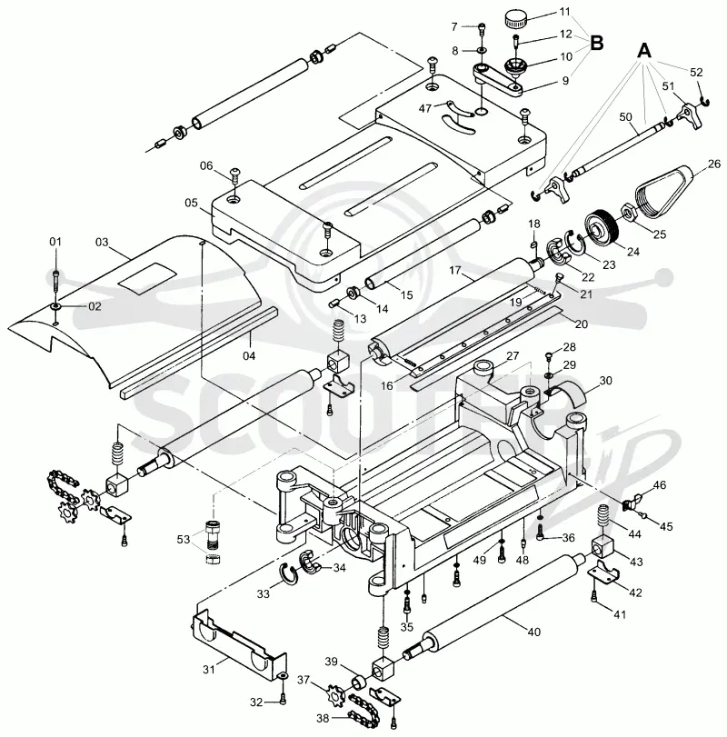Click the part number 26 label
[714, 164]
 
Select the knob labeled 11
[515, 20]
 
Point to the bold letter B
[596, 44]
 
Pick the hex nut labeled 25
[629, 214]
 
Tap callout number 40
[533, 632]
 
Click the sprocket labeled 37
[335, 691]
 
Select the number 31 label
[209, 669]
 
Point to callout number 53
[184, 539]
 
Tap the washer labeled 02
[56, 306]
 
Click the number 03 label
[102, 242]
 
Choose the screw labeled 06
[236, 176]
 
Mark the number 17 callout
[455, 270]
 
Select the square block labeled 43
[603, 547]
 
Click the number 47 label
[424, 108]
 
